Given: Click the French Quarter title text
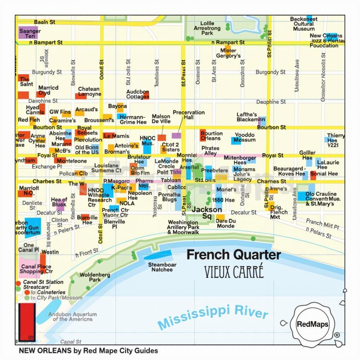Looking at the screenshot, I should point(233,255).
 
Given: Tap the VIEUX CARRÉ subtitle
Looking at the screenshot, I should point(233,272).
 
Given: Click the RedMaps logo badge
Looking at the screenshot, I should point(313,324).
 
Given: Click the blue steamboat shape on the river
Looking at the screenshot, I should point(157,255).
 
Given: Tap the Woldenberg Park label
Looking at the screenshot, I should point(90,277).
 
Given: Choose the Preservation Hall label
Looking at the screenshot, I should point(189,115).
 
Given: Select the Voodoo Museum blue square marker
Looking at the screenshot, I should point(236,141).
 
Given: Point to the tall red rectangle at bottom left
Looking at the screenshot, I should point(27,322).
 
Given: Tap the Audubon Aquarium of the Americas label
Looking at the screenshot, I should point(72,316).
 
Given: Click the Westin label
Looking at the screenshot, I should point(50,252).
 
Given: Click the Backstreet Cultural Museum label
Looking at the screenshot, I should point(304,24).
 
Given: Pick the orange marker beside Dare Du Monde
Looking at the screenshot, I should point(220,217).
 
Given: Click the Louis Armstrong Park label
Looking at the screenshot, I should point(207,28).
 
